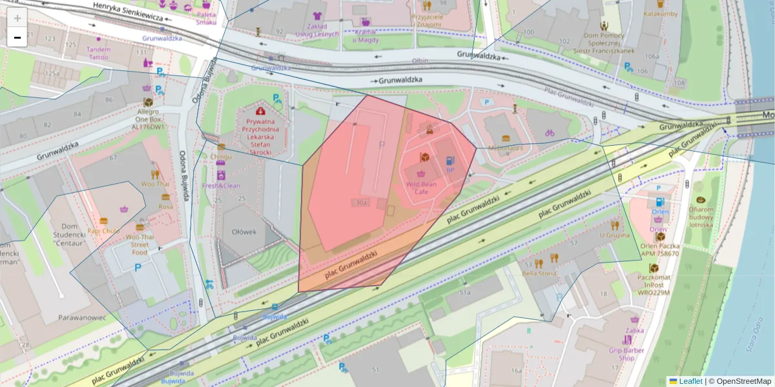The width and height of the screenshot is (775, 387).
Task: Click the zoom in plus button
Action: [x=17, y=18]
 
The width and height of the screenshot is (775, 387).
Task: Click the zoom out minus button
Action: [x=17, y=37]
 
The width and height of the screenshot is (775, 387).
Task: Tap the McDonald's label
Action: [x=505, y=148]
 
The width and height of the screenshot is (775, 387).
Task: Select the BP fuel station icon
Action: [x=449, y=160]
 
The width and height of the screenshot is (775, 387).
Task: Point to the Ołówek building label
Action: [x=245, y=232]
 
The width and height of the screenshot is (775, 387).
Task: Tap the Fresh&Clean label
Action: [x=222, y=186]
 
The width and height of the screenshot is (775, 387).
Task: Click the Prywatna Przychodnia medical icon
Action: [x=262, y=111]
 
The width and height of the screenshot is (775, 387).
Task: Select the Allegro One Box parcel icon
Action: [x=148, y=103]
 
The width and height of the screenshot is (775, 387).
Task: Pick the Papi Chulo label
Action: [x=103, y=231]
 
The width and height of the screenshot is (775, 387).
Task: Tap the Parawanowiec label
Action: [x=81, y=317]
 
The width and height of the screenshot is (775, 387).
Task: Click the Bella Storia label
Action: [x=539, y=273]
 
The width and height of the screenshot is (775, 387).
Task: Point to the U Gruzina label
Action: [x=614, y=235]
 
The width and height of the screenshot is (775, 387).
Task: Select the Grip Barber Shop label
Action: [x=626, y=354]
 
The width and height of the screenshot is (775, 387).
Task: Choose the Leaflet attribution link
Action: [x=690, y=381]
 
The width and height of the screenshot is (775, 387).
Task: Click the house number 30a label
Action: [x=360, y=203]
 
